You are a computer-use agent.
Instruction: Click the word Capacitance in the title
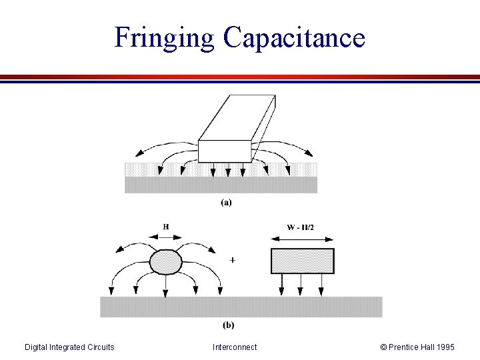295,37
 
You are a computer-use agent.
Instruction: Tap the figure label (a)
227,203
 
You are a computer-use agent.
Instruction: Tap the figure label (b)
228,325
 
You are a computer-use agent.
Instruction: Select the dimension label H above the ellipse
165,227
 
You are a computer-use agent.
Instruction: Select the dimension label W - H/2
301,227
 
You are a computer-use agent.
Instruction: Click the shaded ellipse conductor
166,261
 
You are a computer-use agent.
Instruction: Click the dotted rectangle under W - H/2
302,261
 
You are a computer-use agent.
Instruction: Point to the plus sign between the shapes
231,259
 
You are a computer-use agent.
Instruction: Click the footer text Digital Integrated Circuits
69,347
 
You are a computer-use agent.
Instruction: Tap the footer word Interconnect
235,347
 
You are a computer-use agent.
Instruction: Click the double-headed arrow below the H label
165,237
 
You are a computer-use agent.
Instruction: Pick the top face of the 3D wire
237,117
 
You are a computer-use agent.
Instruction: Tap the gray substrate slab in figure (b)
241,307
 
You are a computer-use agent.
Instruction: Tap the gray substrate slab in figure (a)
221,185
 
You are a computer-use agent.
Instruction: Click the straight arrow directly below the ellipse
165,285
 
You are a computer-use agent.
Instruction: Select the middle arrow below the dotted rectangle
301,284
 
